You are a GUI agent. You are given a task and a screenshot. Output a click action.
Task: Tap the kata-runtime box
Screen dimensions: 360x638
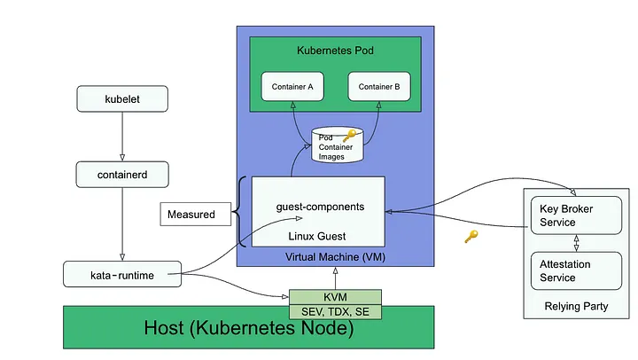click(122, 274)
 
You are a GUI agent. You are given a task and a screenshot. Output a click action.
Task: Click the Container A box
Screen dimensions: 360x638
click(292, 87)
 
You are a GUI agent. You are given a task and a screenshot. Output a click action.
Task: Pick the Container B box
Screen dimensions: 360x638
click(378, 87)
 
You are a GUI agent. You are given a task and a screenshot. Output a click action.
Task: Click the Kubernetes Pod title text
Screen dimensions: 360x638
click(335, 51)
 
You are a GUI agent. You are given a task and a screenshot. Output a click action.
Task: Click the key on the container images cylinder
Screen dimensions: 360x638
click(349, 136)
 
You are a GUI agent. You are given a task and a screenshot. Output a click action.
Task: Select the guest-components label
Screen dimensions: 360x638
click(319, 207)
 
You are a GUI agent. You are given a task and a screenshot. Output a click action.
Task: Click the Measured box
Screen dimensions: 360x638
click(191, 214)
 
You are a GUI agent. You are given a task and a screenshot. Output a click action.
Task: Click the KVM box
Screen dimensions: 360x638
click(335, 296)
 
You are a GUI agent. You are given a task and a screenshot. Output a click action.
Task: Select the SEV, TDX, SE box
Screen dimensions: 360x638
click(335, 312)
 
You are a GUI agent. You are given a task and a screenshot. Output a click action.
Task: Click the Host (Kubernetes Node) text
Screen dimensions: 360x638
click(249, 328)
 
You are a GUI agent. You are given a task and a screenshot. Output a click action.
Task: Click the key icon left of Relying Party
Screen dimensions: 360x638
click(471, 237)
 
